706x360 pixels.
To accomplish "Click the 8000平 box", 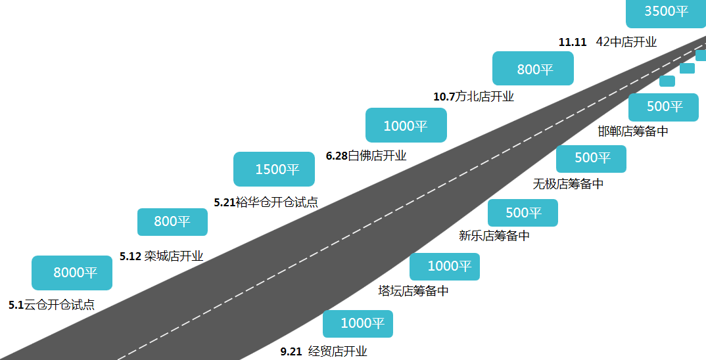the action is click(x=72, y=273).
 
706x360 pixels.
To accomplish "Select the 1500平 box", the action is click(x=273, y=169).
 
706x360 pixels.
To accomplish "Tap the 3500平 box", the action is click(x=666, y=12).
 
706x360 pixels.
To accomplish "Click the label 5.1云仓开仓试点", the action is click(x=52, y=305).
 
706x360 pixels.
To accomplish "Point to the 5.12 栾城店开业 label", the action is click(x=162, y=256).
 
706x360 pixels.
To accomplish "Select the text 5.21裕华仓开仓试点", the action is click(x=266, y=202).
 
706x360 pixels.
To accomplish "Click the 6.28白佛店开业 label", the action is click(x=366, y=156).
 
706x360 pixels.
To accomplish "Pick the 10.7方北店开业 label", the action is click(x=474, y=97).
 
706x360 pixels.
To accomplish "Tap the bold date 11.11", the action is click(x=573, y=42).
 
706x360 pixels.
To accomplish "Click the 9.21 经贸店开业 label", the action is click(x=323, y=351).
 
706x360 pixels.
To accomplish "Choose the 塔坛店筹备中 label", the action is click(x=413, y=291).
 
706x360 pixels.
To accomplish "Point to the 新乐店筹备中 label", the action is click(x=494, y=236).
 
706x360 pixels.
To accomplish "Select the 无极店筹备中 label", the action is click(x=568, y=183).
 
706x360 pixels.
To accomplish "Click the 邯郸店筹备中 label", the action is click(x=633, y=131).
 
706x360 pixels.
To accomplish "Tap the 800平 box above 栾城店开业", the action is click(x=172, y=222).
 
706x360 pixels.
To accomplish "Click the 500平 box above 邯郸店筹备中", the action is click(x=664, y=107).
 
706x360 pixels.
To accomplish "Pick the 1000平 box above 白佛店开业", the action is click(x=406, y=125).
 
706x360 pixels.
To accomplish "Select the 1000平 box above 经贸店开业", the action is click(x=358, y=324).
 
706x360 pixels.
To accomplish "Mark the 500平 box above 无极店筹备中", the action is click(x=591, y=159).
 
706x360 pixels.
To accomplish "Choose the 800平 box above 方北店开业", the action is click(x=533, y=68).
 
